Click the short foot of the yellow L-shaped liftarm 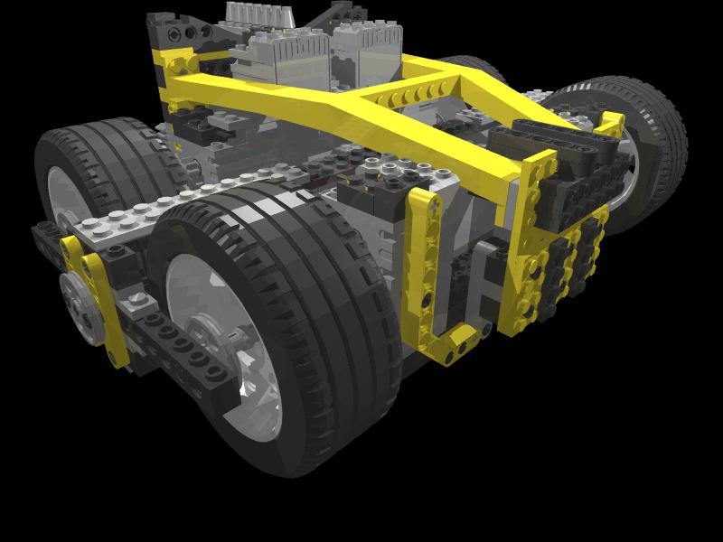[456, 343]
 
